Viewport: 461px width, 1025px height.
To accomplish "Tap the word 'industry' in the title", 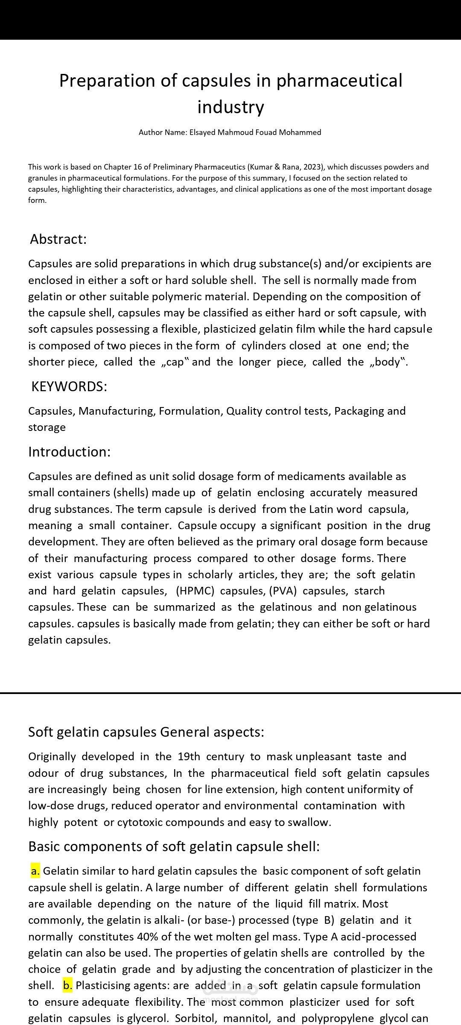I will click(230, 107).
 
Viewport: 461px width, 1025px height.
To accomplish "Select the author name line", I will click(230, 132).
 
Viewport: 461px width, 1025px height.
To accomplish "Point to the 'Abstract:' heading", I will click(58, 239).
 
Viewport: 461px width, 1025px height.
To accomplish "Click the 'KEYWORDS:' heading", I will click(69, 387).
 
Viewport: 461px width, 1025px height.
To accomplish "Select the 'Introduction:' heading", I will click(69, 452).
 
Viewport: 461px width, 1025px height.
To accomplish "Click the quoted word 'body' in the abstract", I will click(387, 362).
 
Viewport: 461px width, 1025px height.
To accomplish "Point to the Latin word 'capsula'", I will click(388, 510).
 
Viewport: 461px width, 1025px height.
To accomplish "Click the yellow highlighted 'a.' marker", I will click(35, 871).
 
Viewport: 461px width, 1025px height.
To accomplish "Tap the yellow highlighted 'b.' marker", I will click(67, 986).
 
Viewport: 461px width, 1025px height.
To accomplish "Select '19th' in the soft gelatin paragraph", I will click(189, 757).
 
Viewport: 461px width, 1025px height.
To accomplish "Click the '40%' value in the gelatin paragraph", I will click(147, 937).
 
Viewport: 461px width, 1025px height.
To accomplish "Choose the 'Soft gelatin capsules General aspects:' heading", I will click(146, 732).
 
